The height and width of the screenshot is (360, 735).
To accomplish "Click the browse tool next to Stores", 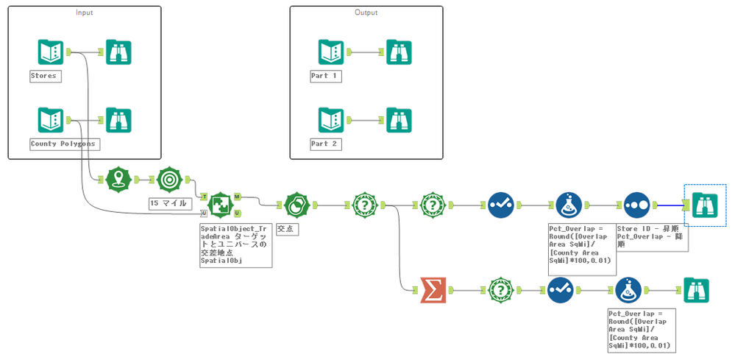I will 118,52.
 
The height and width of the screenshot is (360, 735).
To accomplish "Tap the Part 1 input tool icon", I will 330,52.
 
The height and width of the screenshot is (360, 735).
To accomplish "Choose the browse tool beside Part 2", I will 400,120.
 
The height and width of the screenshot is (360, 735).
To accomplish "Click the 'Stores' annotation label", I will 43,76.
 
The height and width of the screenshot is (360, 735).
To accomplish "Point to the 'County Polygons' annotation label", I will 63,144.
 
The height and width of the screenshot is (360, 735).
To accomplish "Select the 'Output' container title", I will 366,13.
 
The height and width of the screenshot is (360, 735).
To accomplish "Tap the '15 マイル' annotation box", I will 168,203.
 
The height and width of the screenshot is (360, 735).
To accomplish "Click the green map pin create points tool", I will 118,179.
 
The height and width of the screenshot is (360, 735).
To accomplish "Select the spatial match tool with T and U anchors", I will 220,205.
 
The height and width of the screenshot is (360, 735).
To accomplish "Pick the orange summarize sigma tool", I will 432,290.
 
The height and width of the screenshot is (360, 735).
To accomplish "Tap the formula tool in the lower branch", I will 627,290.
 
